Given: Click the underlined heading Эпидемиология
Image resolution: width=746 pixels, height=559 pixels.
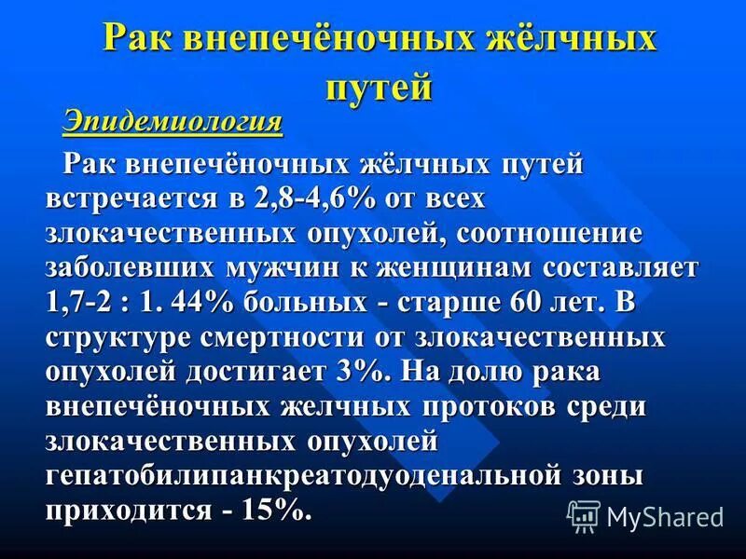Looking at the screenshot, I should (173, 122).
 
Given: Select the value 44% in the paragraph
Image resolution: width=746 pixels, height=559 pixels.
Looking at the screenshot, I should (192, 304).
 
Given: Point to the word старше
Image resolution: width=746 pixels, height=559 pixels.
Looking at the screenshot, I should (445, 304).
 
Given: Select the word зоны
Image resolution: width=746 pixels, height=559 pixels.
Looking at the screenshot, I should (607, 476).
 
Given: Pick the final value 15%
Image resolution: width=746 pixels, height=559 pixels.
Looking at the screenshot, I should (271, 511).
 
